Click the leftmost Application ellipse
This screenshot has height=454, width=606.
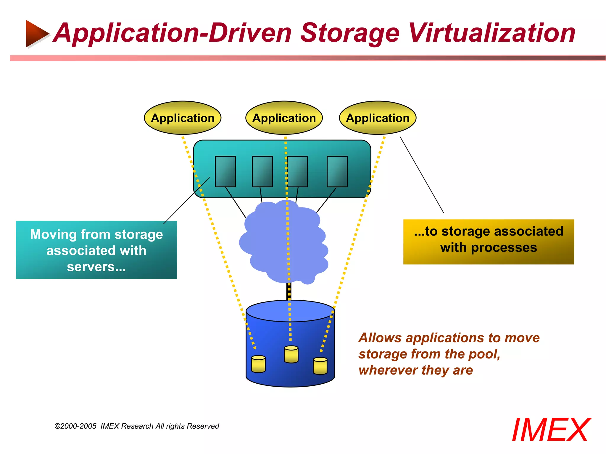tap(183, 118)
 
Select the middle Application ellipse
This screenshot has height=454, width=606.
tap(284, 118)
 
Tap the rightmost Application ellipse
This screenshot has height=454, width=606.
tap(378, 118)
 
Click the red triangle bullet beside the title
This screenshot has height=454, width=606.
tap(36, 33)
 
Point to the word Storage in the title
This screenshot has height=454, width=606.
tap(350, 33)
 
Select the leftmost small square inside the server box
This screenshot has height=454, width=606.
tap(225, 171)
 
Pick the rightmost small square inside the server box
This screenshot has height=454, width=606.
tap(337, 171)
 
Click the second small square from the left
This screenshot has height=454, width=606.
tap(262, 171)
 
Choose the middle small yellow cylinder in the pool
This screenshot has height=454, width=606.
tap(291, 354)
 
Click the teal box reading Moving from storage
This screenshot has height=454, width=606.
tap(96, 250)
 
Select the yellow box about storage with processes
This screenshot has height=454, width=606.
tap(489, 242)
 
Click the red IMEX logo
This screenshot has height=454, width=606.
tap(551, 430)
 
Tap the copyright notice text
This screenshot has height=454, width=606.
tap(137, 426)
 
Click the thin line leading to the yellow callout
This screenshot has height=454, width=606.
tap(422, 174)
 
